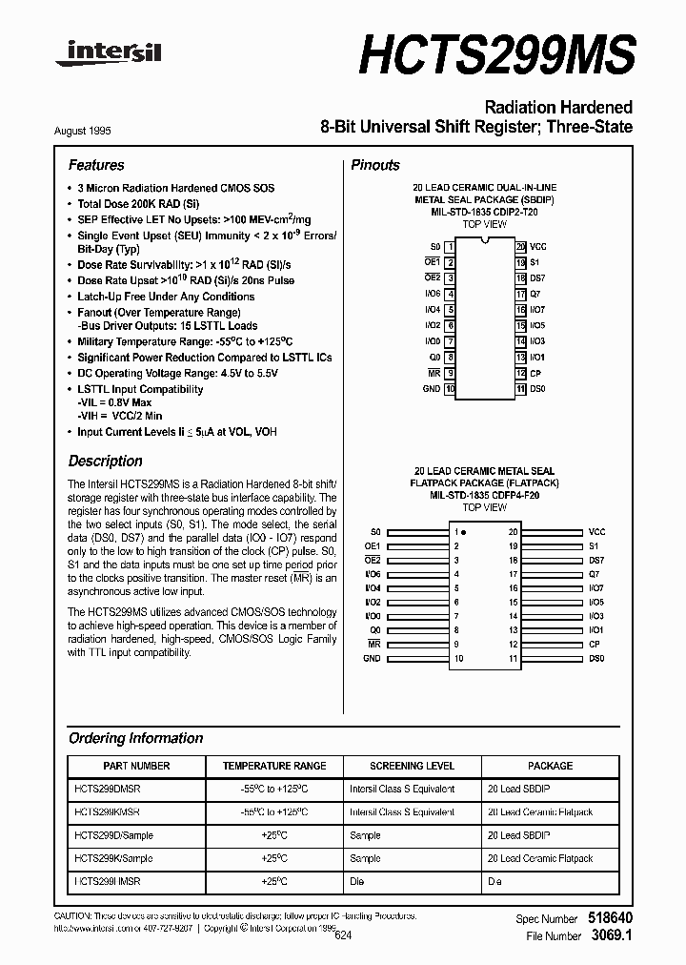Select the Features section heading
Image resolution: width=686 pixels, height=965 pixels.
click(96, 165)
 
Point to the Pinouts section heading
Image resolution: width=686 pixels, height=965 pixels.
click(375, 165)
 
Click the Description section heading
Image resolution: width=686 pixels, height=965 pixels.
click(105, 461)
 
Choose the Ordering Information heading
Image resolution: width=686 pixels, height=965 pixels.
click(135, 738)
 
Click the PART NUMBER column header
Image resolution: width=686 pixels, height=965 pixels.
click(136, 766)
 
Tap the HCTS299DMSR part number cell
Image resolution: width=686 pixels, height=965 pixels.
click(108, 790)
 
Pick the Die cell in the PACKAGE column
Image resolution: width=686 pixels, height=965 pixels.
click(494, 882)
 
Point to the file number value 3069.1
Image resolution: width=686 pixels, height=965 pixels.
click(611, 936)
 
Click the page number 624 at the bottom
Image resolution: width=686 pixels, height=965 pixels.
click(343, 936)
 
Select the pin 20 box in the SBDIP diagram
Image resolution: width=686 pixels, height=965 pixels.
click(520, 246)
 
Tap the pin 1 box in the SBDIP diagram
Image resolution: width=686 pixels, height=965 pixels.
click(450, 246)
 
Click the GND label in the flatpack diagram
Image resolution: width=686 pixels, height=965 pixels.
click(372, 658)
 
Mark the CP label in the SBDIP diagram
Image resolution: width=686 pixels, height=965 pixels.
click(535, 373)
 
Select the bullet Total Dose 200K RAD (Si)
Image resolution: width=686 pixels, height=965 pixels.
click(139, 204)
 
